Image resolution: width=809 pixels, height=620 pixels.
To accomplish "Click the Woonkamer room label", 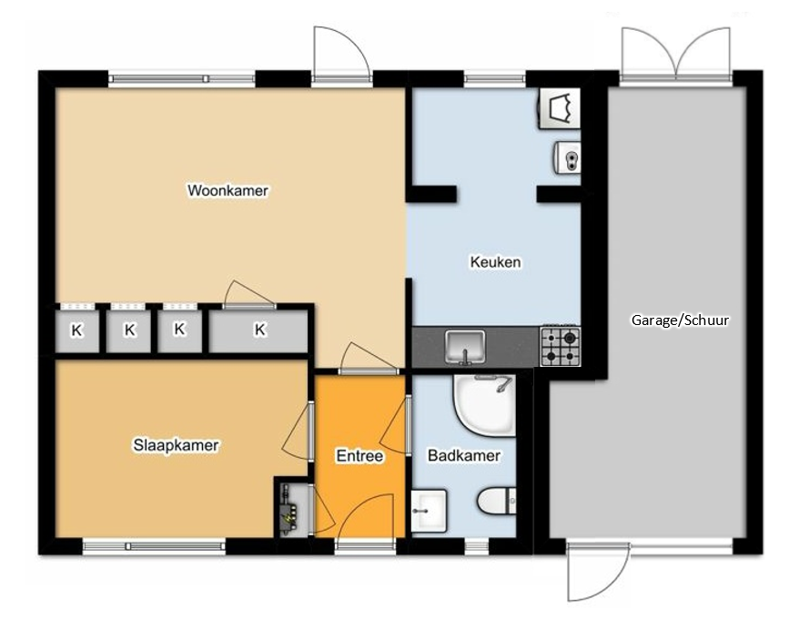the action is click(228, 190).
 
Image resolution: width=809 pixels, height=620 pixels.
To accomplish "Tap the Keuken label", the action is click(495, 261).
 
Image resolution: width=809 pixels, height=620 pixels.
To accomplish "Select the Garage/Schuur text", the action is click(680, 320).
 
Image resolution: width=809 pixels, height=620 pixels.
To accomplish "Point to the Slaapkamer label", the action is click(176, 445).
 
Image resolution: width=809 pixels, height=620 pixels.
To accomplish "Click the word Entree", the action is click(359, 456).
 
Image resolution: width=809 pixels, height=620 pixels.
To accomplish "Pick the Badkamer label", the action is click(464, 455).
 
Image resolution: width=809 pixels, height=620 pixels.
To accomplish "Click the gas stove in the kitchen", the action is click(561, 346).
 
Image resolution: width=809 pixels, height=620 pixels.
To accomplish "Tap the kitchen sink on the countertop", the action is click(465, 347).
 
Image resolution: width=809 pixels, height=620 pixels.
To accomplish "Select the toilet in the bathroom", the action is click(496, 501).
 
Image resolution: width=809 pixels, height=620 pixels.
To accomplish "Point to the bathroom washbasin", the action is click(429, 511).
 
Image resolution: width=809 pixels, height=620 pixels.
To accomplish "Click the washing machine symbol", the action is click(560, 108).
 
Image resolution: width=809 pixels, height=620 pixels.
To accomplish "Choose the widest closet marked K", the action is click(258, 330).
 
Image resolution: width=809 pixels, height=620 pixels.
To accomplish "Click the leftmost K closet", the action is click(76, 330).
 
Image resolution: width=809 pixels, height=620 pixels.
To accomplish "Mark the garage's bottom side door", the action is click(599, 571).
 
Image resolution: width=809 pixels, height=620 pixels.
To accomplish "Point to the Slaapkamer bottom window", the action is click(154, 546).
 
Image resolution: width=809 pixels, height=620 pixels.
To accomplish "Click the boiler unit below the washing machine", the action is click(568, 157).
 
